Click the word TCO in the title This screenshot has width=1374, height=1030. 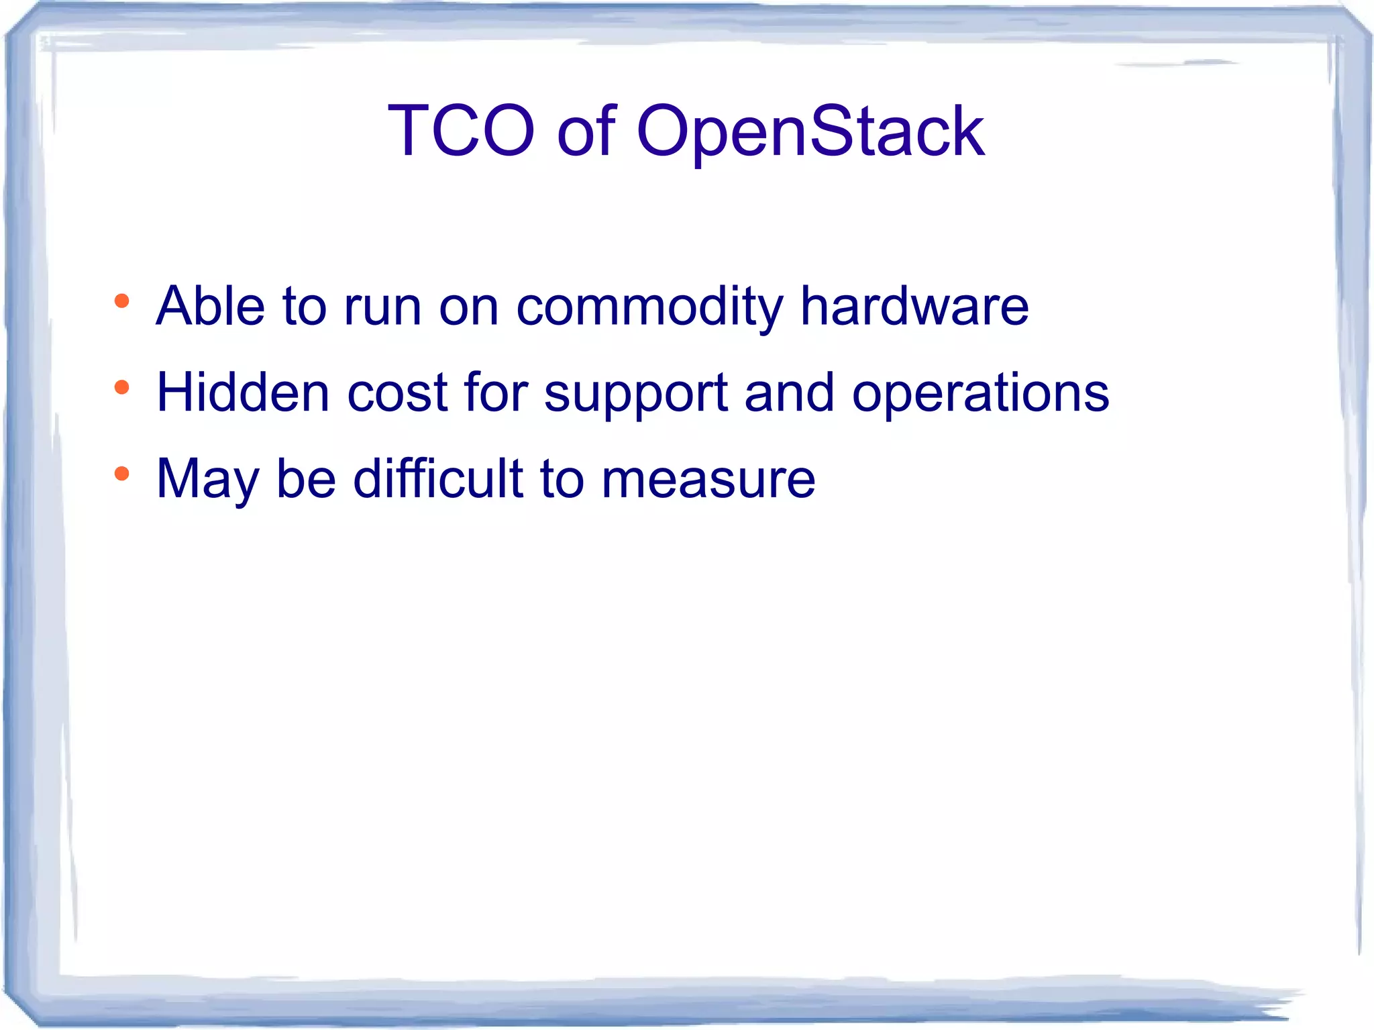click(x=462, y=131)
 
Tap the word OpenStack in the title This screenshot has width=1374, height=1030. click(x=810, y=132)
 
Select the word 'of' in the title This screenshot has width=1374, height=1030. click(x=586, y=131)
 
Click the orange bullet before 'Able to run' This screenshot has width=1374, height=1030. click(x=121, y=301)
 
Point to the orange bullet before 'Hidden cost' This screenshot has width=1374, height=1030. click(x=121, y=387)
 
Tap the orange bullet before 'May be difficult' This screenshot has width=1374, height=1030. click(x=121, y=474)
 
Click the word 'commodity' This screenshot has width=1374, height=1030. click(x=649, y=307)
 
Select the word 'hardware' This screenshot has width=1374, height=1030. click(x=914, y=306)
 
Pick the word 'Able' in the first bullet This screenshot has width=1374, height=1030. click(x=210, y=306)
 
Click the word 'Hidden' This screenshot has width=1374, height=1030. click(x=243, y=393)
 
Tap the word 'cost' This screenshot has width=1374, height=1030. click(x=397, y=393)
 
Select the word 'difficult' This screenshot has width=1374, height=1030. click(x=438, y=478)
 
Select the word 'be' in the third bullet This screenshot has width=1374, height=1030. click(x=306, y=478)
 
